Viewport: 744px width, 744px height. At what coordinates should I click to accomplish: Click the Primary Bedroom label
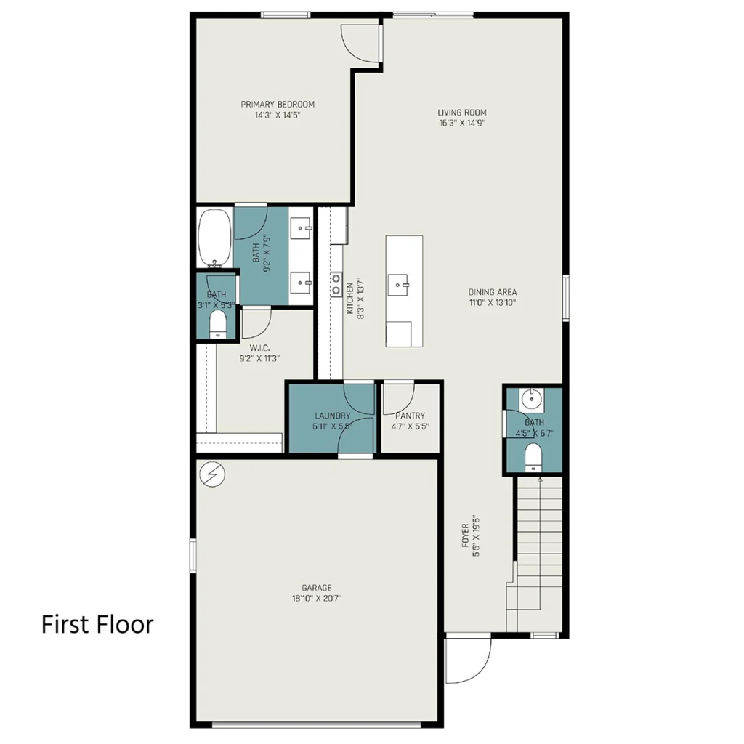pyautogui.click(x=278, y=105)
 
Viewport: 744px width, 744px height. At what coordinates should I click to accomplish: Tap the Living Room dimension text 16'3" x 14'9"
pyautogui.click(x=462, y=123)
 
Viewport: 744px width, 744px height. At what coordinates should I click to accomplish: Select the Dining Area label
pyautogui.click(x=493, y=292)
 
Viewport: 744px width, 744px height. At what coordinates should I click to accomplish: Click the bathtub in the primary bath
pyautogui.click(x=215, y=238)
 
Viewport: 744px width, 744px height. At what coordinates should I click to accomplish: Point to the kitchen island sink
pyautogui.click(x=398, y=285)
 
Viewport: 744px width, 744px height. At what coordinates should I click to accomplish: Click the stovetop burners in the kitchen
pyautogui.click(x=336, y=284)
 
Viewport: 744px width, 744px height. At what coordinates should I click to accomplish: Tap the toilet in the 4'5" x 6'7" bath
pyautogui.click(x=533, y=458)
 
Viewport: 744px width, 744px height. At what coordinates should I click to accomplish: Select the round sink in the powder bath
pyautogui.click(x=531, y=399)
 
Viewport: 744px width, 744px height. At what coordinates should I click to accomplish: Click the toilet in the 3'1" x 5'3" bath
pyautogui.click(x=218, y=325)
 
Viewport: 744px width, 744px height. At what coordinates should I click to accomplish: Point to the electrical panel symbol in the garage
pyautogui.click(x=213, y=474)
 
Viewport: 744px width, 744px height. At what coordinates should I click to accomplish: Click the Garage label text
pyautogui.click(x=317, y=587)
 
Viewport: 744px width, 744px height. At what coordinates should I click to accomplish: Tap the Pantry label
pyautogui.click(x=411, y=415)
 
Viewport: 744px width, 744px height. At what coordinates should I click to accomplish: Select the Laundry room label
pyautogui.click(x=333, y=415)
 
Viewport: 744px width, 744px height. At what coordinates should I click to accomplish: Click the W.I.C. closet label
pyautogui.click(x=259, y=348)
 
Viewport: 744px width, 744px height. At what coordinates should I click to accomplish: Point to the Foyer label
pyautogui.click(x=466, y=535)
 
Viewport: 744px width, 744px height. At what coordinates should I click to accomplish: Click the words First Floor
pyautogui.click(x=97, y=624)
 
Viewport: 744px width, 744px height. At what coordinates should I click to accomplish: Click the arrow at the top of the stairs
pyautogui.click(x=540, y=480)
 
